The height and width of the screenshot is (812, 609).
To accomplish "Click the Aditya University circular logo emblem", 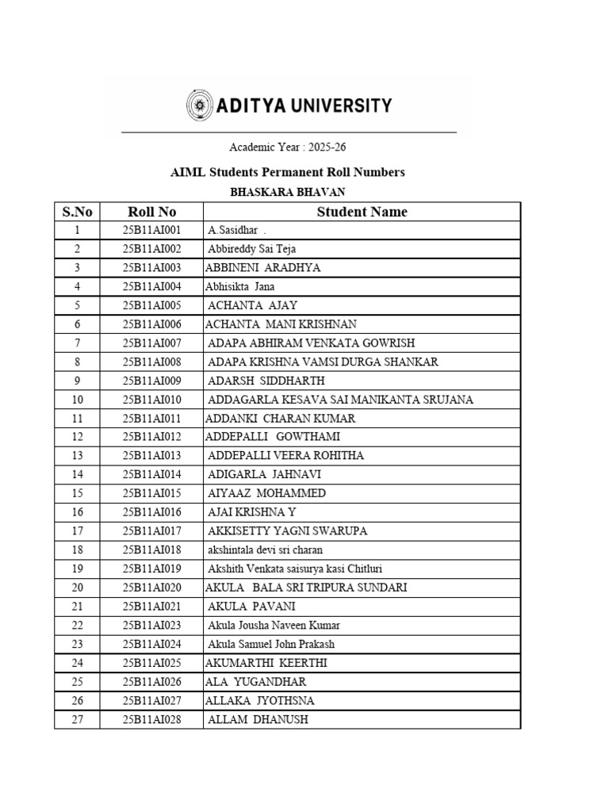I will (199, 105).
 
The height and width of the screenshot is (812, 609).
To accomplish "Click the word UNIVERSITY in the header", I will (339, 105).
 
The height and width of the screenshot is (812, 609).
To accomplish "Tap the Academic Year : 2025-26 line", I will (288, 147).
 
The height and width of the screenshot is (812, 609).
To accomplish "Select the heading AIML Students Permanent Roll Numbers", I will (288, 171).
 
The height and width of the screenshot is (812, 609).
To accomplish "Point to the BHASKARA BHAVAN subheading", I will (288, 192).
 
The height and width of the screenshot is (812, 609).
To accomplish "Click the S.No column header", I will (77, 212).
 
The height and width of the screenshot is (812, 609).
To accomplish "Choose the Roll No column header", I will (151, 212).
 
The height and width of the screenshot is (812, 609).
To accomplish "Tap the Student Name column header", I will (362, 212).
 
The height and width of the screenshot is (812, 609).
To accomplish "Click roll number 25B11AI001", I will (151, 230).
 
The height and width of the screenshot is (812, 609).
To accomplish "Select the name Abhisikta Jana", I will (239, 286).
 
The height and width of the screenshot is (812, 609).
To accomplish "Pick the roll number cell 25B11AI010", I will (151, 400).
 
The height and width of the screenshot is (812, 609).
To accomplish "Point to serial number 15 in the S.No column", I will (77, 493).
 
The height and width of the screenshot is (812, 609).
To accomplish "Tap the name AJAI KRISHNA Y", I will (251, 512).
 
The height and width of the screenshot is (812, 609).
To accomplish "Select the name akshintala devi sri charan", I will (265, 550).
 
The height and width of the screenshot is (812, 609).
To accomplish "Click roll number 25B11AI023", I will (151, 626).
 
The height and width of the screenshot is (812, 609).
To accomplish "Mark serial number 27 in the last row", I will (77, 719).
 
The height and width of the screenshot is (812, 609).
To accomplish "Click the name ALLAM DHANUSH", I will (258, 719).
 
